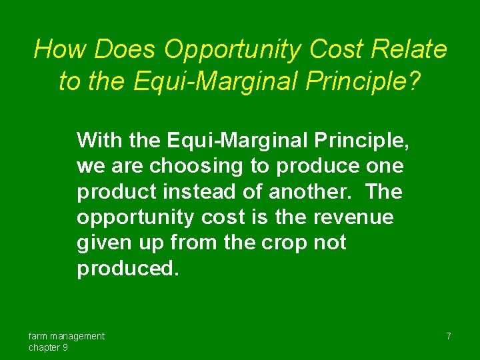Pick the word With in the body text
(x=99, y=140)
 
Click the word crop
(x=284, y=243)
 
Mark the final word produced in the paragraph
(x=128, y=268)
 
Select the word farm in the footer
(x=38, y=336)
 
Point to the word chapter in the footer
(x=43, y=347)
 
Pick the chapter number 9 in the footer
(x=65, y=347)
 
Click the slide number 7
(x=449, y=336)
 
